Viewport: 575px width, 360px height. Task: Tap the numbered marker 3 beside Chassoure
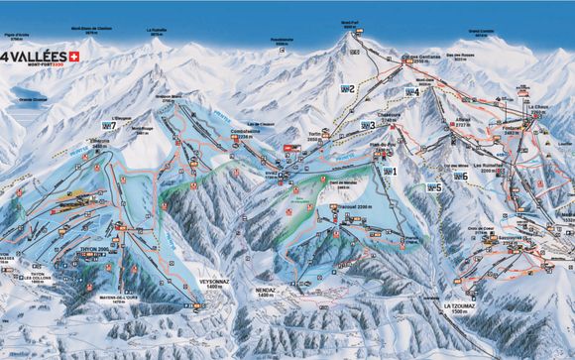tap(369, 126)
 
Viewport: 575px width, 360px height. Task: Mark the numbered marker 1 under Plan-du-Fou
tap(390, 172)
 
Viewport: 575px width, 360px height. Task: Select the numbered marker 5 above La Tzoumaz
tap(434, 186)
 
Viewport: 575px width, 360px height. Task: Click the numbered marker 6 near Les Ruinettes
tap(461, 177)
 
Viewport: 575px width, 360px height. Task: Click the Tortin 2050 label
tap(315, 138)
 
